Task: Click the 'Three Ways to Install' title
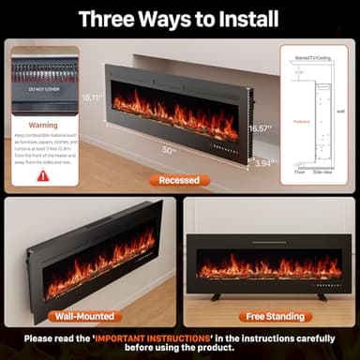tap(178, 18)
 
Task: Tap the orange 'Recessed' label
tap(178, 180)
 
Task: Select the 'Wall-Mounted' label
tap(85, 317)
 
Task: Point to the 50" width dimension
tap(169, 150)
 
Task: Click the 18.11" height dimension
tap(91, 97)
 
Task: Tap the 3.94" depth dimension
tap(263, 162)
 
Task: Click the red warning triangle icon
tap(43, 175)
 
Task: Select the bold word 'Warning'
tap(43, 124)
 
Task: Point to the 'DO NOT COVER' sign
tap(43, 88)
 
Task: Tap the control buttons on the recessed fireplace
tap(224, 147)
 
